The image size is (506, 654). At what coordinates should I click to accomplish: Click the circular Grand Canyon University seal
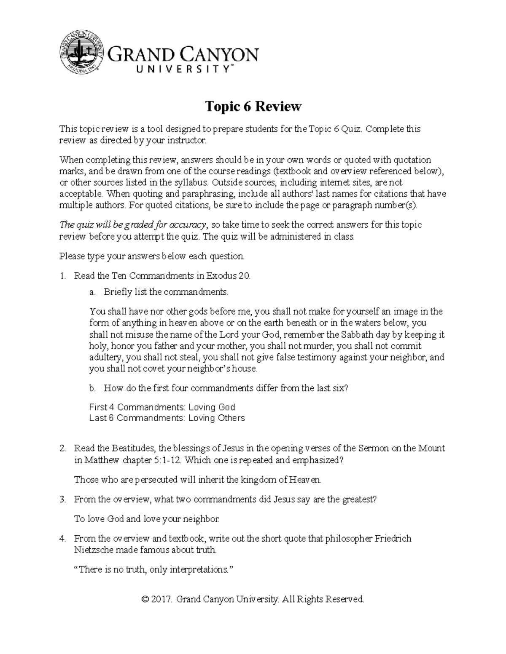coord(83,53)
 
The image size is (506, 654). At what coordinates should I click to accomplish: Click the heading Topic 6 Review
coord(253,107)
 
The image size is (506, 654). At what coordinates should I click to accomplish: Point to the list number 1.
coord(63,276)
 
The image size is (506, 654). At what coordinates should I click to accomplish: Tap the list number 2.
coord(63,448)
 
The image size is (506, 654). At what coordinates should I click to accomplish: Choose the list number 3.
coord(63,499)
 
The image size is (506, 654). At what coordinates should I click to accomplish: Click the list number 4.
coord(63,539)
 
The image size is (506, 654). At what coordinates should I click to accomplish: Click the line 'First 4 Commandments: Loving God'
coord(162,407)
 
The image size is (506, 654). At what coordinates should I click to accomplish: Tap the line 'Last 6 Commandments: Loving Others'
coord(167,418)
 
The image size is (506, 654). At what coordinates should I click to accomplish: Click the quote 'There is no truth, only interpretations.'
coord(153,570)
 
